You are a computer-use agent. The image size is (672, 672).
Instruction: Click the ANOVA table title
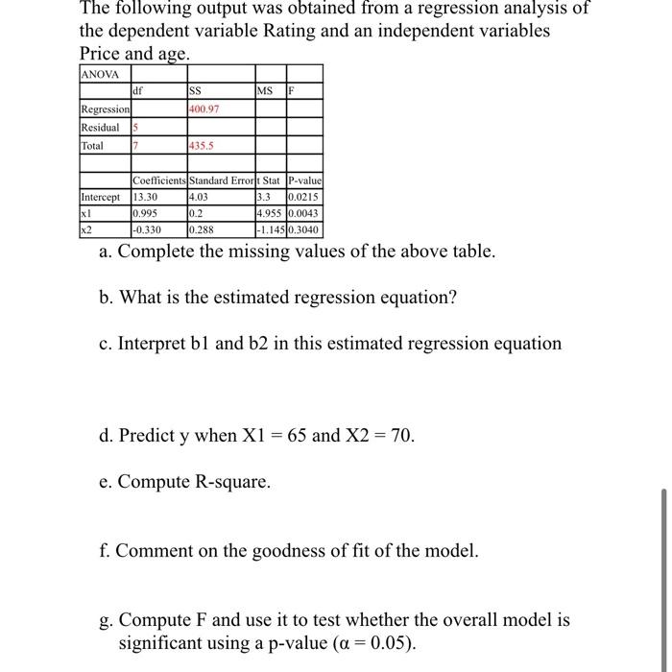tap(101, 74)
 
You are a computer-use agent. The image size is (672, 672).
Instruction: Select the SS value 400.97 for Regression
tap(204, 109)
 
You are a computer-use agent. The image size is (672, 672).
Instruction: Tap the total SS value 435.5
tap(202, 146)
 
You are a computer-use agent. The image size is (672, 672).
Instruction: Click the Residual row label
tap(101, 128)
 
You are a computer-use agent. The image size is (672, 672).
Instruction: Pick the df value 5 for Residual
tap(136, 128)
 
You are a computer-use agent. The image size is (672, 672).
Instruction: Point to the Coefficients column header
tap(159, 181)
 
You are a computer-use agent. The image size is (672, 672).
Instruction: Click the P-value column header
tap(303, 181)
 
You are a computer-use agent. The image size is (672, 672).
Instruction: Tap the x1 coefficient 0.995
tap(146, 214)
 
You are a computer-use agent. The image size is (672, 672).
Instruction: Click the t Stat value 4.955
tap(270, 214)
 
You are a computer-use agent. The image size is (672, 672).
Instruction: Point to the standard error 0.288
tap(202, 230)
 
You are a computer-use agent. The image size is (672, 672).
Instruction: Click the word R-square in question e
tap(228, 482)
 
